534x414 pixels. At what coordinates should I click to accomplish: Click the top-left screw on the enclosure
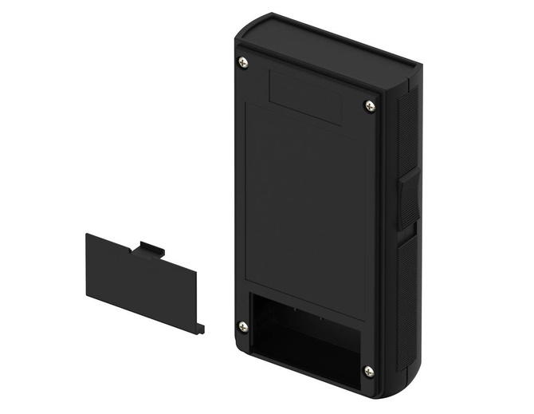[243, 62]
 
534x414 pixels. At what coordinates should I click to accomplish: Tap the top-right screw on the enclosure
[369, 105]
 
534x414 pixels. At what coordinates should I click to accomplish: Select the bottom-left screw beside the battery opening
[243, 326]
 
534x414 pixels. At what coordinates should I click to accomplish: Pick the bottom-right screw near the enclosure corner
[368, 371]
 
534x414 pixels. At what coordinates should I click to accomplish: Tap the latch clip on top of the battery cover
[147, 250]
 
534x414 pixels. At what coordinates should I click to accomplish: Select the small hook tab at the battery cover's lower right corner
[200, 328]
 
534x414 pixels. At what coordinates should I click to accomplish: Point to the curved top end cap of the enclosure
[327, 44]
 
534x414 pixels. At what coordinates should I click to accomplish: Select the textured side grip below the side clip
[406, 303]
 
